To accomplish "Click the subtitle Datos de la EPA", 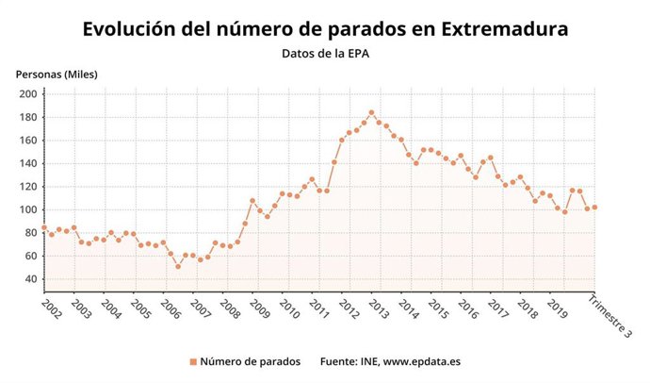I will [x=325, y=54].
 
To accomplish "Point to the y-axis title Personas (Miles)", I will [x=56, y=74].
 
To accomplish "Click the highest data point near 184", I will [x=371, y=112].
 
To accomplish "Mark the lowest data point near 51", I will [x=178, y=266].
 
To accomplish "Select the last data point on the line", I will [x=594, y=208].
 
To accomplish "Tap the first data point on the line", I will [x=44, y=227].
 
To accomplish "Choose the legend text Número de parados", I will [x=250, y=361].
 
